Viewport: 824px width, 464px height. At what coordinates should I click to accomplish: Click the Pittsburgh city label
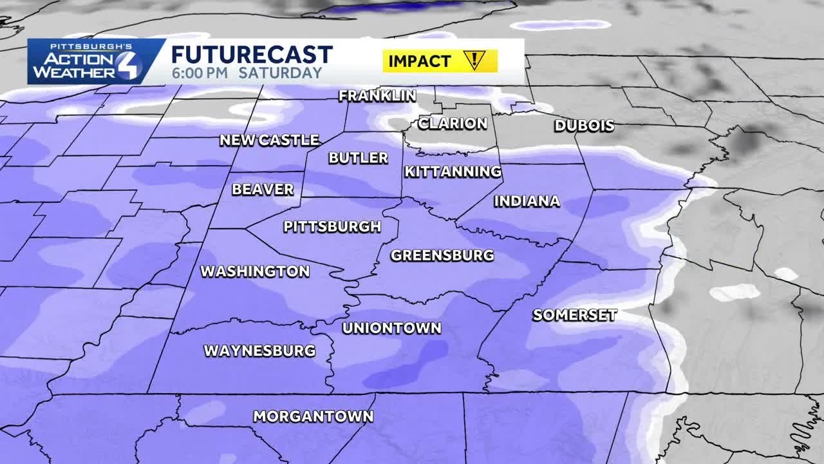click(332, 227)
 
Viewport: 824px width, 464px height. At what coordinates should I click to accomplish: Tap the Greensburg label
click(442, 255)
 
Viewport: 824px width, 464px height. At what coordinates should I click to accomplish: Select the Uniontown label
click(391, 328)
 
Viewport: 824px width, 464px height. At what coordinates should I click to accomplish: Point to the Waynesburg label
click(259, 351)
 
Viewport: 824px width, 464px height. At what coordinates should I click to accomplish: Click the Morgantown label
click(313, 416)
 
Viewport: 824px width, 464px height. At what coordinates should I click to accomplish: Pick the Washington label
click(255, 271)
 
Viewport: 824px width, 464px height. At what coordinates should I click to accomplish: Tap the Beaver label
click(263, 189)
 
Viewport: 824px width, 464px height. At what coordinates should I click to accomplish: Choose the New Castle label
click(269, 140)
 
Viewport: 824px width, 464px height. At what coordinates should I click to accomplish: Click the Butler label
click(359, 158)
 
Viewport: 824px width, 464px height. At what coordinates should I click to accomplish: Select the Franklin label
click(377, 96)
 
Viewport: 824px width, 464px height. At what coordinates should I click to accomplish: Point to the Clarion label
click(453, 123)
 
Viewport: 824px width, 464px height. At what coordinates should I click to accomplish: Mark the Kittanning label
click(453, 171)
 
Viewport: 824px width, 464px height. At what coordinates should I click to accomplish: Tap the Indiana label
click(527, 201)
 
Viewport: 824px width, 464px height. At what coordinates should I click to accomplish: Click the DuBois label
click(584, 126)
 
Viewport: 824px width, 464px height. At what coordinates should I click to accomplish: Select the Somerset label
click(575, 315)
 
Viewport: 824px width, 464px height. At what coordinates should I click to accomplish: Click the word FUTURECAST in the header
click(252, 54)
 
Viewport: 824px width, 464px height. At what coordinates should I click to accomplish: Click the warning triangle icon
click(475, 61)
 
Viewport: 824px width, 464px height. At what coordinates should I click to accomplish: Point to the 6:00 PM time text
click(200, 73)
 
